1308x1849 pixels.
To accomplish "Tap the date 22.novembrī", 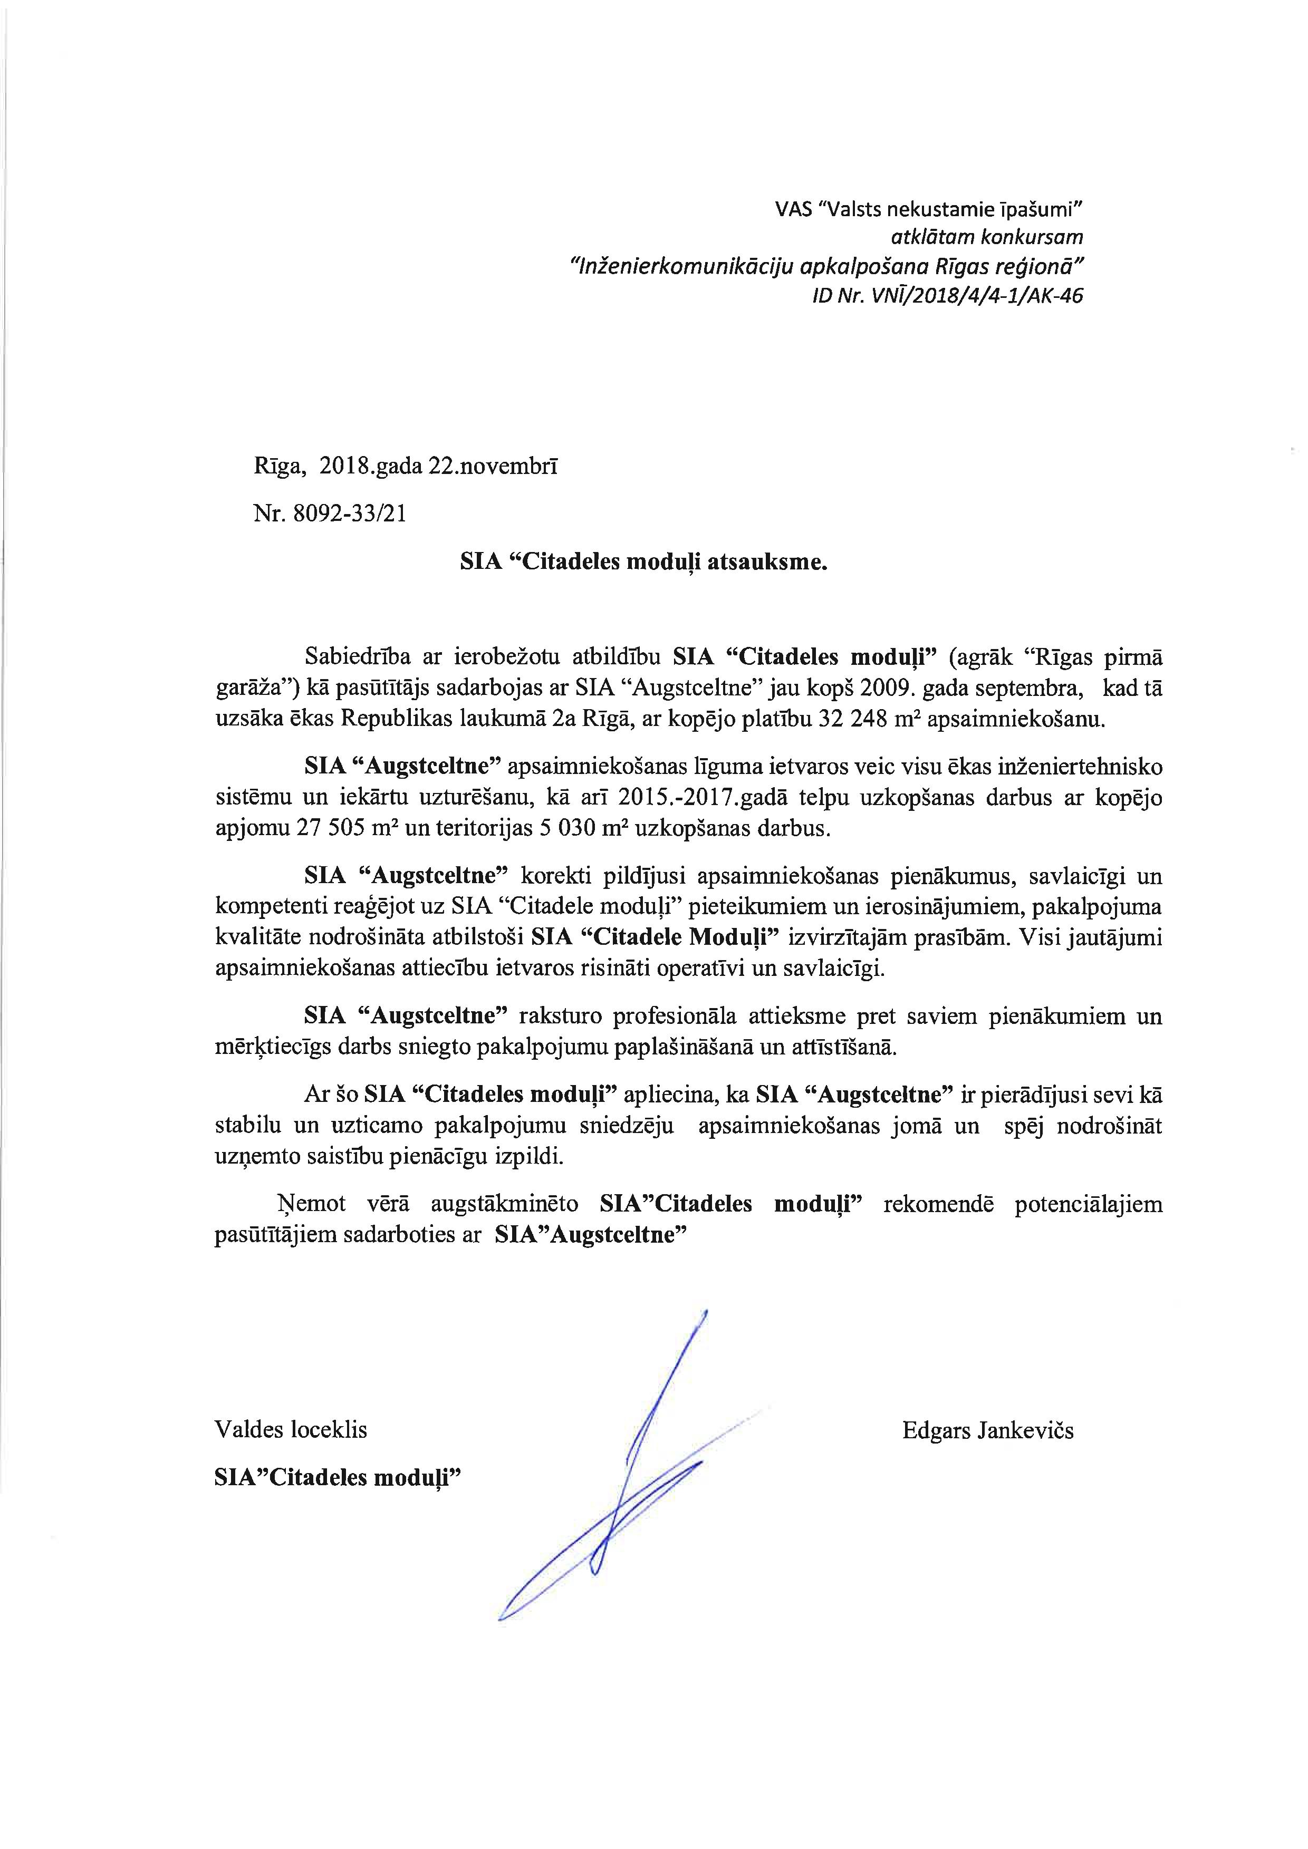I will click(492, 468).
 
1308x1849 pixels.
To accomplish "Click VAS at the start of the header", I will click(792, 209).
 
